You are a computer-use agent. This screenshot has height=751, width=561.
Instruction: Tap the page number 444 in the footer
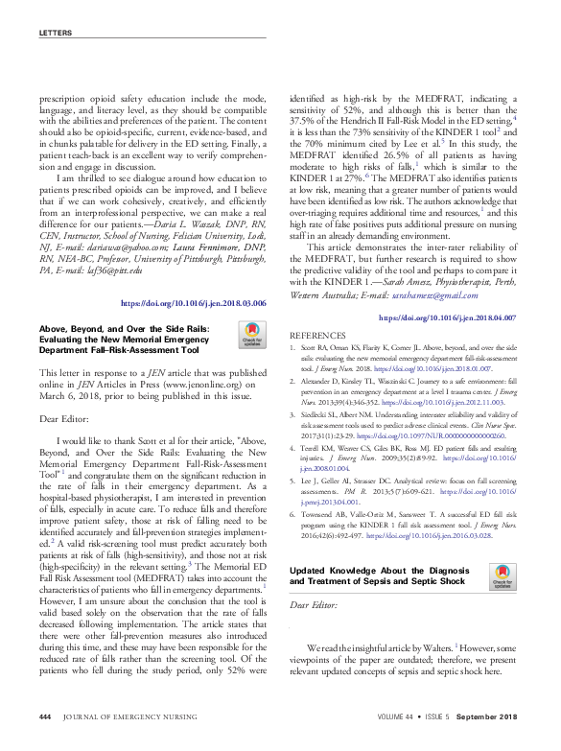(x=44, y=717)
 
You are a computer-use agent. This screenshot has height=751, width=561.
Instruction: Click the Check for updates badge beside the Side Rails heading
(x=252, y=338)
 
